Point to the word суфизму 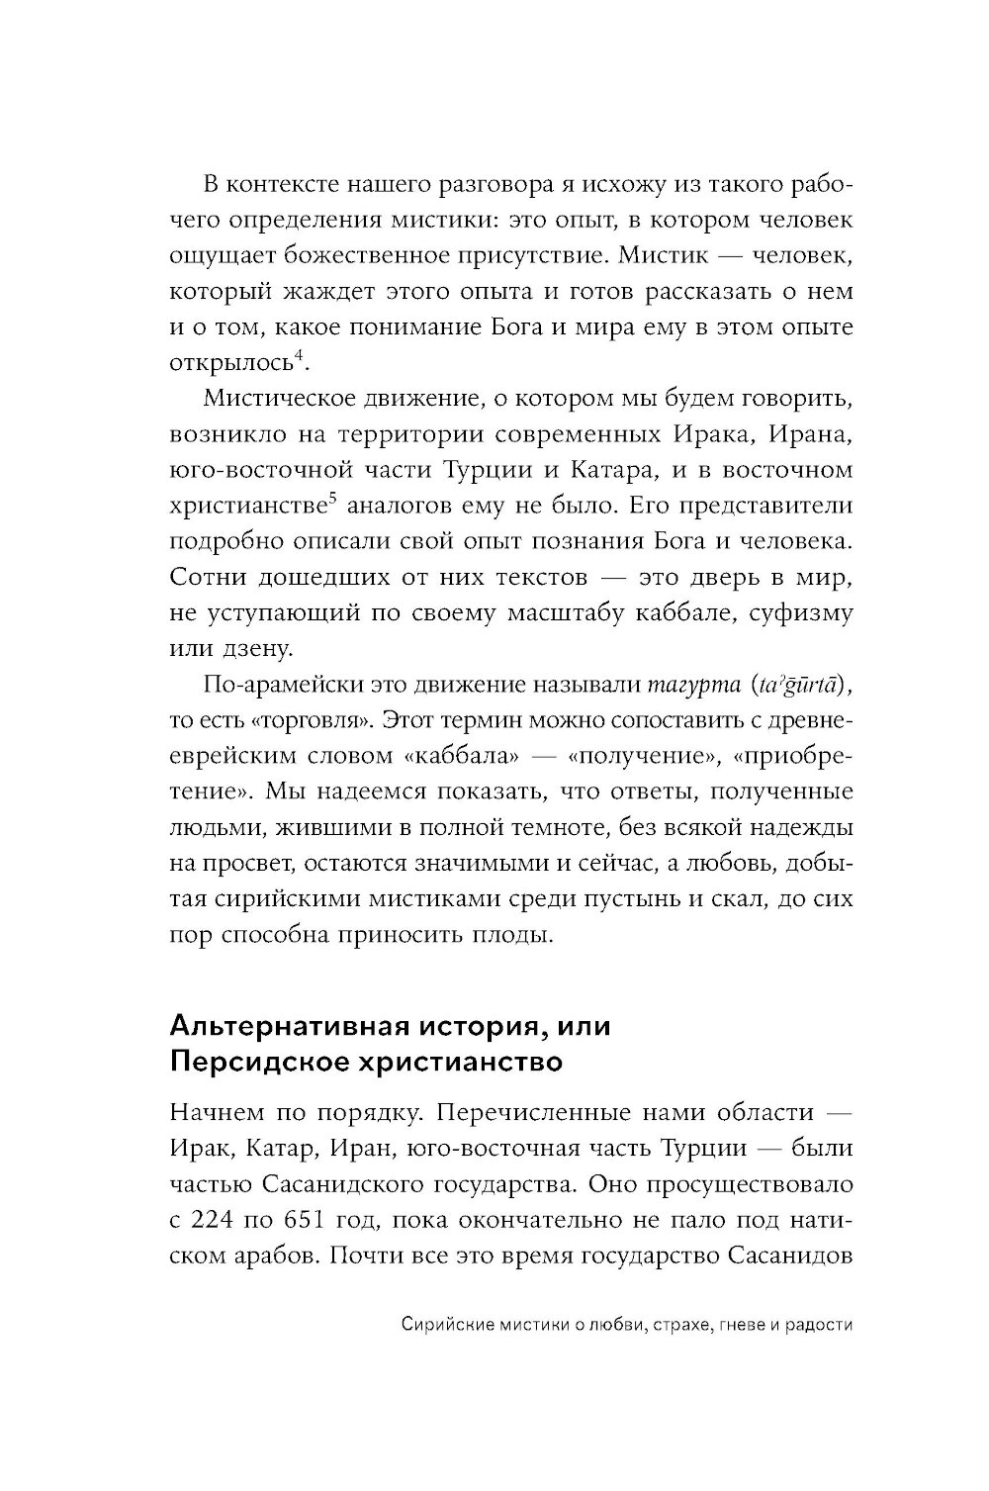[x=800, y=612]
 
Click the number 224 [x=225, y=1220]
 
